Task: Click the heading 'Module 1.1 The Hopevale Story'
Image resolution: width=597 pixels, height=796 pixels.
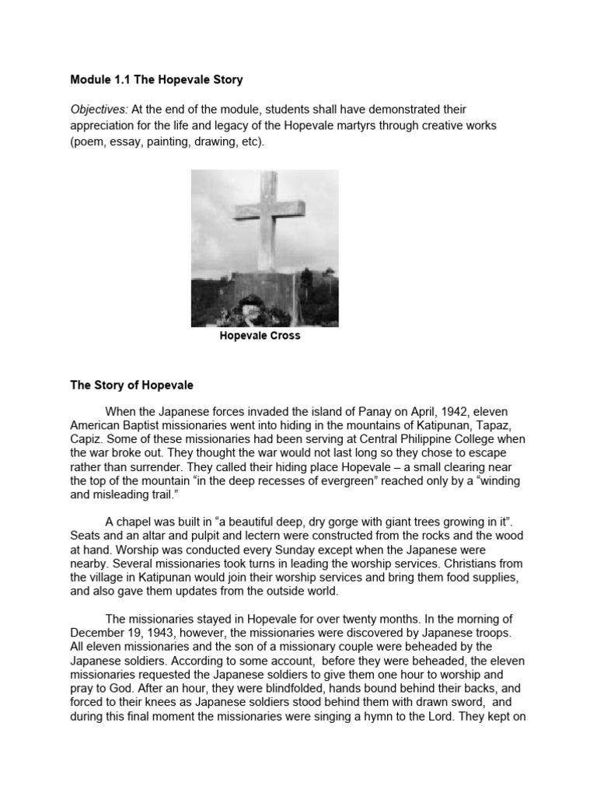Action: pos(156,79)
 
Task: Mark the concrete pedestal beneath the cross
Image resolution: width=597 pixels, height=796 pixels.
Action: pos(268,289)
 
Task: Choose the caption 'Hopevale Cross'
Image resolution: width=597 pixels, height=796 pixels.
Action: pos(260,337)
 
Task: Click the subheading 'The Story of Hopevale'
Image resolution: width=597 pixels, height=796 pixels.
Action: pos(131,385)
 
